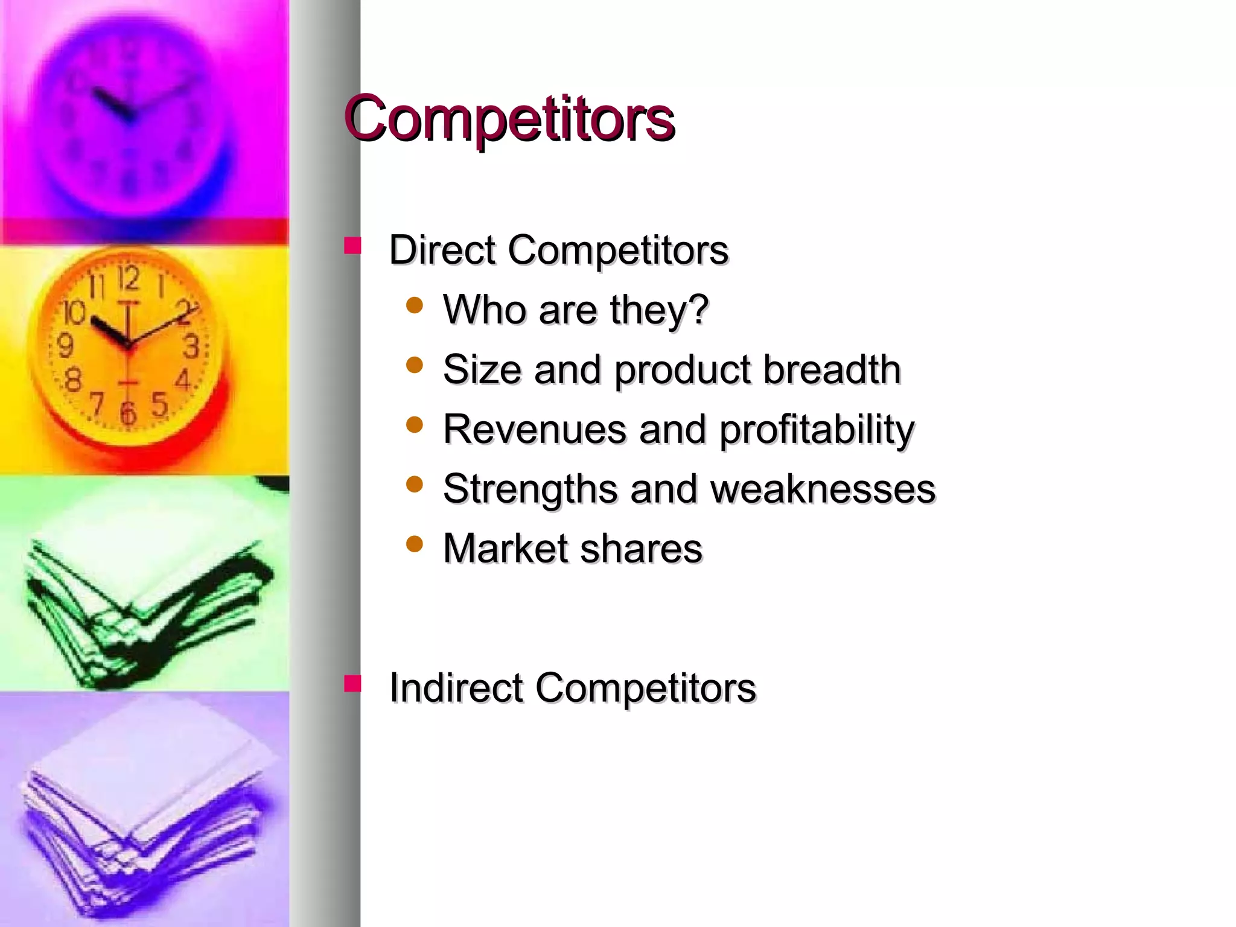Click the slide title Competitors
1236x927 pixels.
coord(509,118)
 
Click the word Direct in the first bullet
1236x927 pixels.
coord(442,250)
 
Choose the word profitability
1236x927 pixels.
coord(817,430)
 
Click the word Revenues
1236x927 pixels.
coord(535,429)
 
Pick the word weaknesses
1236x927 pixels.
coord(823,489)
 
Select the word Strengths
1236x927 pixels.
coord(530,489)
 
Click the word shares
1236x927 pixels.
coord(642,549)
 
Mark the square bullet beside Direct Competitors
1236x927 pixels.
coord(352,246)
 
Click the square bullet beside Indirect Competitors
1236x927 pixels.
coord(352,683)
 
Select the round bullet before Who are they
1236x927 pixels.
coord(415,305)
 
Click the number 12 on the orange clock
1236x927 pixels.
coord(128,278)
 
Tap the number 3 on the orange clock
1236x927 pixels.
coord(191,346)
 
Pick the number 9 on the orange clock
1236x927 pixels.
coord(65,346)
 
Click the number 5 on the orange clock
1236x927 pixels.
coord(159,404)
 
